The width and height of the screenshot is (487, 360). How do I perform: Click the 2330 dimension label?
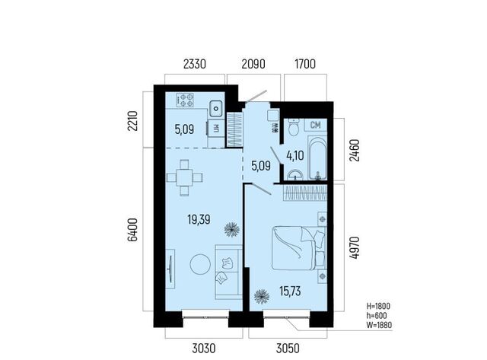[195, 64]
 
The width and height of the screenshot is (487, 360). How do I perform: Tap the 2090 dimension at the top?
[253, 64]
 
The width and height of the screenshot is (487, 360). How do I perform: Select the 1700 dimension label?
[305, 64]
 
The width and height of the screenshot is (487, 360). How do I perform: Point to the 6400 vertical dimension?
[132, 230]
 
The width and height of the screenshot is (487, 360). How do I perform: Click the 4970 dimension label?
[355, 247]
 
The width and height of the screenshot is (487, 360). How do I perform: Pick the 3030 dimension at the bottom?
[204, 348]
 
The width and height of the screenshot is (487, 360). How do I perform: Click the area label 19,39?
[199, 220]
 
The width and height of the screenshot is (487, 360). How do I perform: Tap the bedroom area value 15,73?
[290, 292]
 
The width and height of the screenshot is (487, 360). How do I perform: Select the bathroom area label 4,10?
[295, 155]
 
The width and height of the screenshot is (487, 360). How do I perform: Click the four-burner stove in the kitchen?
[185, 100]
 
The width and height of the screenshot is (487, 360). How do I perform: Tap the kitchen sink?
[216, 109]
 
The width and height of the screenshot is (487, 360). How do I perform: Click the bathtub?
[317, 158]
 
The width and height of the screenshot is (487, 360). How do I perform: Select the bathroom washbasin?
[294, 175]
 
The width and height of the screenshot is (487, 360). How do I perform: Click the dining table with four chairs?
[185, 177]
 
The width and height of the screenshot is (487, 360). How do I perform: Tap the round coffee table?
[200, 264]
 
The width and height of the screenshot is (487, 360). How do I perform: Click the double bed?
[299, 247]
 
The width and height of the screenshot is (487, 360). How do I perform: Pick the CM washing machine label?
[315, 125]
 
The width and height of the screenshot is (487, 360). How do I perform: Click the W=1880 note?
[379, 325]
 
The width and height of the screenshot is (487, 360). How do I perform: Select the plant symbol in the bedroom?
[262, 297]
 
